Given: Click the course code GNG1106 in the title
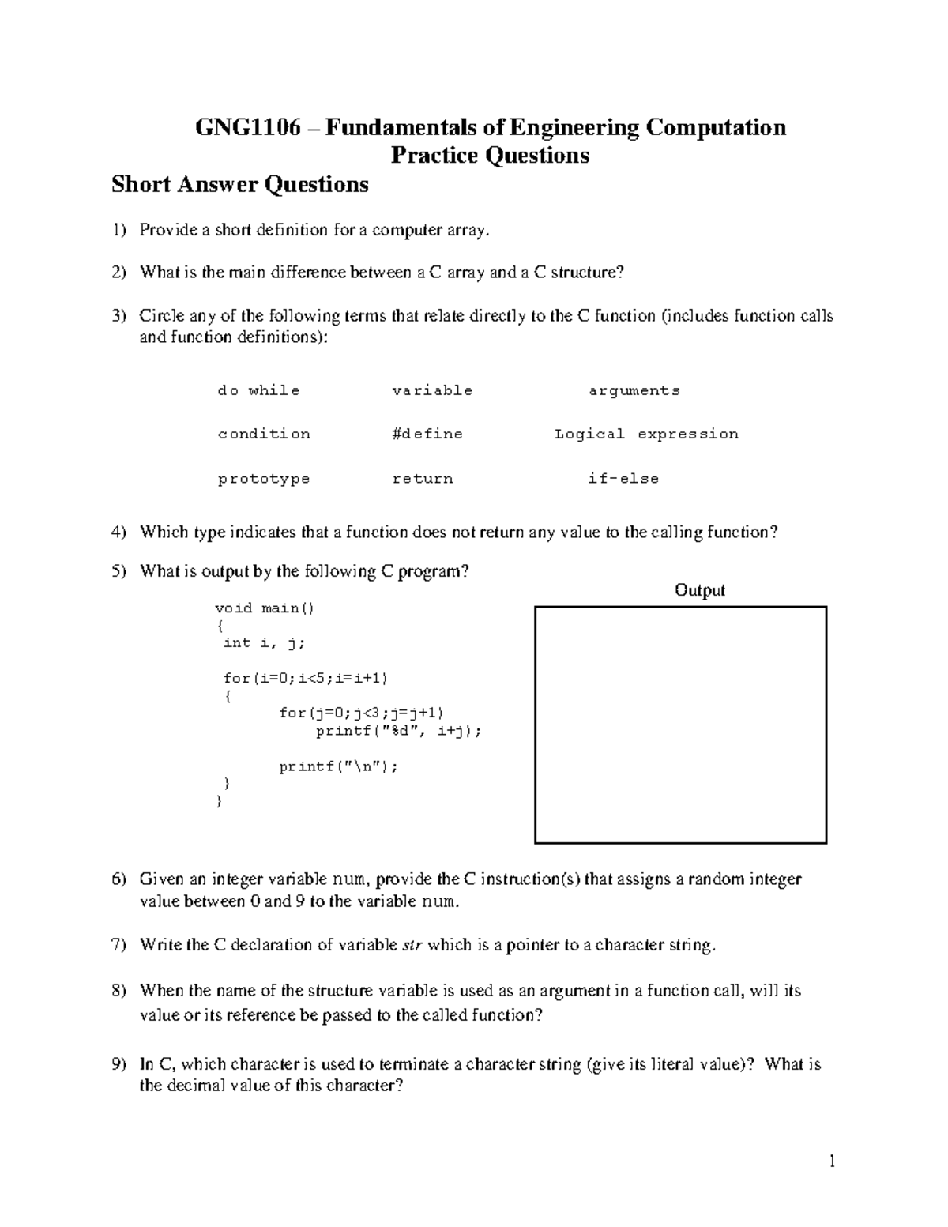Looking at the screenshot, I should (248, 128).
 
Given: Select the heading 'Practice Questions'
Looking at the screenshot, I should (490, 156).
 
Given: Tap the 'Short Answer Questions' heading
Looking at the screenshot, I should (240, 185).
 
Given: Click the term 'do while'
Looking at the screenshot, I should (258, 390).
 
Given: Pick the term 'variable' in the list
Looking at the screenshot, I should (432, 390).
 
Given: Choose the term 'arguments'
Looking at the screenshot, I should (634, 390).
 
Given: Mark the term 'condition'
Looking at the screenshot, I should (264, 434).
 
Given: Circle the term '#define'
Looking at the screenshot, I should (427, 434).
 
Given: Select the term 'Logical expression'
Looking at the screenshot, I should (646, 434).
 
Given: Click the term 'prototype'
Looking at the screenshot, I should (264, 479).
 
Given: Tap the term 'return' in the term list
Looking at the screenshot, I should (423, 479).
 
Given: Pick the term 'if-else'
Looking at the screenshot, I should (623, 479).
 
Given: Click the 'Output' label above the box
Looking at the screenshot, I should (699, 590).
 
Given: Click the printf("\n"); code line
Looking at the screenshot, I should (338, 766).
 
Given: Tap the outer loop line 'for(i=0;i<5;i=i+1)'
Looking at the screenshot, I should (306, 678).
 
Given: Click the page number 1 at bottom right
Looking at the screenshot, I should (831, 1161).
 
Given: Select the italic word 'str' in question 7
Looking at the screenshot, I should (412, 946).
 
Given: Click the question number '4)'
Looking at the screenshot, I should (118, 533).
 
